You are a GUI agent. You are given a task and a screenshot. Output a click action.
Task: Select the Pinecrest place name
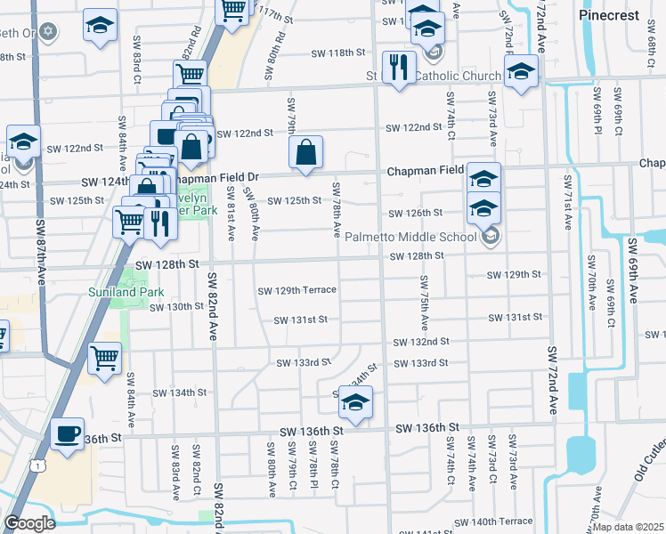pos(610,16)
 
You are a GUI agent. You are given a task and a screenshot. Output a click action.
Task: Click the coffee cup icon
pos(67,433)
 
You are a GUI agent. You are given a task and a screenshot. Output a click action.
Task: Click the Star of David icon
pos(48,33)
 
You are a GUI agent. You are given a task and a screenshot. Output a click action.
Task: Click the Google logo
pos(29,523)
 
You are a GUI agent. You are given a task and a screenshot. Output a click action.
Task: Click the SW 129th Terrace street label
pos(296,290)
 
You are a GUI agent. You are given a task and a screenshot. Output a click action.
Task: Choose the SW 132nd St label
pos(422,341)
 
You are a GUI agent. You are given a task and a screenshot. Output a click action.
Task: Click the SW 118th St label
pos(338,53)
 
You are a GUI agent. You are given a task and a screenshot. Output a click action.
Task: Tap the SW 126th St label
pos(416,213)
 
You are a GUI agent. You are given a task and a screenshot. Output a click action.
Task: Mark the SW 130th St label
pos(177,307)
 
